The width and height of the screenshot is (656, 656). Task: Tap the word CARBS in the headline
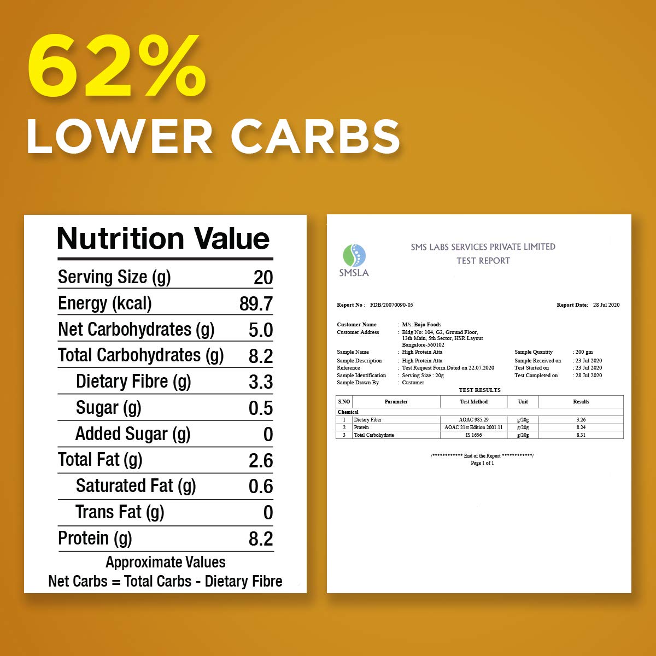(x=315, y=136)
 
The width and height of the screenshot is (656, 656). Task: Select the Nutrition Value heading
(x=163, y=239)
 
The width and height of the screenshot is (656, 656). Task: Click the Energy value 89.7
(x=256, y=304)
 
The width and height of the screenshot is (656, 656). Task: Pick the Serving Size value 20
(x=263, y=278)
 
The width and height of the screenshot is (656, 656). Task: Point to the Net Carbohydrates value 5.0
(x=260, y=330)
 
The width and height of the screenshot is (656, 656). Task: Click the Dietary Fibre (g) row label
(x=133, y=382)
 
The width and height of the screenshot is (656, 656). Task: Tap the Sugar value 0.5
(x=260, y=408)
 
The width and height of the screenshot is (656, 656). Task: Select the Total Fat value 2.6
(x=260, y=461)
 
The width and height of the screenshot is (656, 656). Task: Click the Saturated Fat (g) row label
(x=136, y=486)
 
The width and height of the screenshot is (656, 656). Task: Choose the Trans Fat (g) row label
(x=120, y=512)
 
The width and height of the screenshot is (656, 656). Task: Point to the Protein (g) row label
(x=95, y=538)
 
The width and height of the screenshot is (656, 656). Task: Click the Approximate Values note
(x=165, y=562)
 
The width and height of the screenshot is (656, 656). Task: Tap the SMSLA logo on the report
(x=354, y=261)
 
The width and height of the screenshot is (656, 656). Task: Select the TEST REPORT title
(x=483, y=261)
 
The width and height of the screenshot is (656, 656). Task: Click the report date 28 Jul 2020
(x=606, y=305)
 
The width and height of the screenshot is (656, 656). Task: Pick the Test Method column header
(x=473, y=402)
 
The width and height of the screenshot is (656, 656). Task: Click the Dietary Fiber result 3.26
(x=581, y=420)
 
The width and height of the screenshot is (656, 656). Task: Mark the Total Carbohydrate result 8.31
(x=581, y=435)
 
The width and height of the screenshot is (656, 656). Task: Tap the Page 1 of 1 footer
(x=482, y=463)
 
